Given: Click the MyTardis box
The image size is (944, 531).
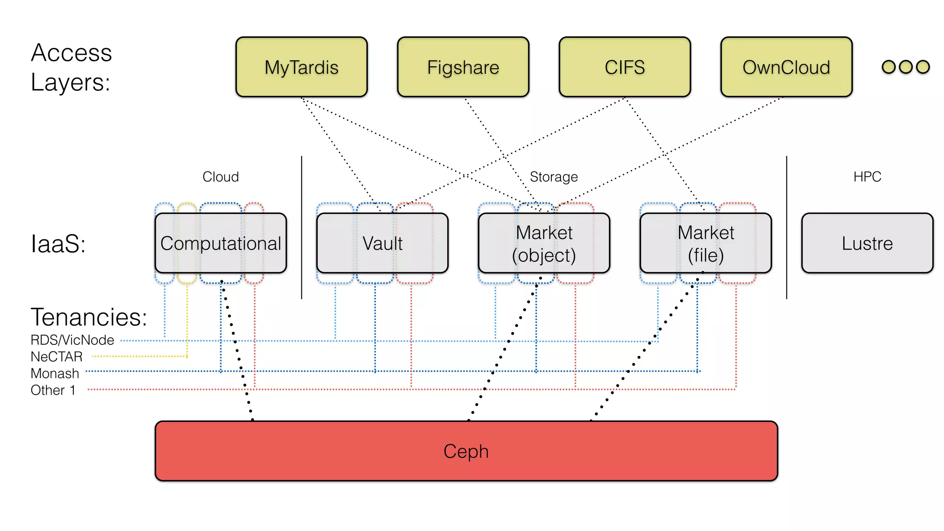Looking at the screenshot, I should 301,67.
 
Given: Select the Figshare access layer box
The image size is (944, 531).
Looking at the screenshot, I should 463,67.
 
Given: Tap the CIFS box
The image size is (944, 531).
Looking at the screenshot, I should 625,67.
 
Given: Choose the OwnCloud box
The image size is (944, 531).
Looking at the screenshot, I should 786,67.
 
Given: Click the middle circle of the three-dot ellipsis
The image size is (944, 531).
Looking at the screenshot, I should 906,67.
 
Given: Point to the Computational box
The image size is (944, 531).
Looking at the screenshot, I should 220,243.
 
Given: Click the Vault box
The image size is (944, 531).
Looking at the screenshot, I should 382,243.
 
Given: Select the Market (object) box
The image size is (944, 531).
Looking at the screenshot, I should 544,243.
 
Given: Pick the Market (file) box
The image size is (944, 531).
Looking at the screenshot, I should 706,243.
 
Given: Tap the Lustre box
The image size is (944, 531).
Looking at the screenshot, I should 867,243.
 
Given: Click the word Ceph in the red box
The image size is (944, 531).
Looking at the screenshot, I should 466,451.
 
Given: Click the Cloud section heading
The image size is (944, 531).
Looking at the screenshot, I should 220,177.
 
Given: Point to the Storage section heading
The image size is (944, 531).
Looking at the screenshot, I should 554,177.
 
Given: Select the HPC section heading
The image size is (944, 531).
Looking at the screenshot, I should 867,177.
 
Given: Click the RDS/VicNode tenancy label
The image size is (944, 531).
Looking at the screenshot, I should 72,340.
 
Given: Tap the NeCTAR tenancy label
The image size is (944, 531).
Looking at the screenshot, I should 57,357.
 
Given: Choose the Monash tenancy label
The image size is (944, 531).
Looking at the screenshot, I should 55,373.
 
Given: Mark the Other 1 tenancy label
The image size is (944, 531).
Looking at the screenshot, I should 53,390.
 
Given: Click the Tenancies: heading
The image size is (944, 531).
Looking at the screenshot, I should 89,317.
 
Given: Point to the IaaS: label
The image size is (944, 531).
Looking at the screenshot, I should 58,243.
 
